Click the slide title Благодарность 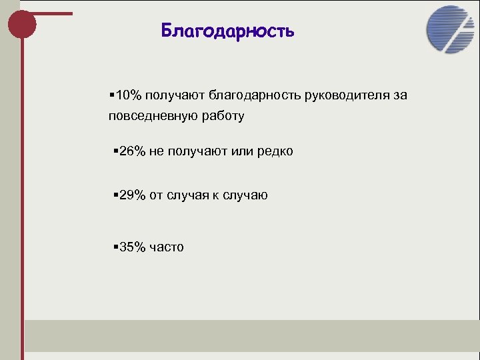point(227,31)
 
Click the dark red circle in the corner point(21,25)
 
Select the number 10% point(126,95)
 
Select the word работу point(222,117)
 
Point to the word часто point(167,247)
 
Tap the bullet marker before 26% point(115,151)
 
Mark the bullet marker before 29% point(115,195)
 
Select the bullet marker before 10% point(110,95)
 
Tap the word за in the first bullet point(399,95)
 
